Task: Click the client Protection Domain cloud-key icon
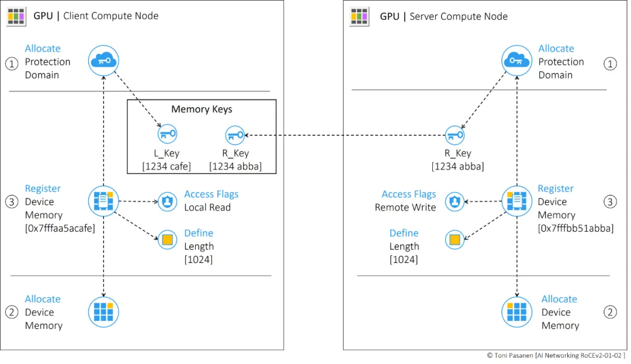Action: (103, 60)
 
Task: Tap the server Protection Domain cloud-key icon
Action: (516, 60)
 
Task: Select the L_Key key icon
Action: (167, 135)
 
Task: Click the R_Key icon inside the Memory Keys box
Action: (235, 135)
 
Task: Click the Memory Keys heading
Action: (202, 109)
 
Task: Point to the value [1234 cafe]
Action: (167, 166)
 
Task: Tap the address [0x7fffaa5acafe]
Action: (60, 228)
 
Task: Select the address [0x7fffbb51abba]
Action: (575, 228)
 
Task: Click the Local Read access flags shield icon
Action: (167, 202)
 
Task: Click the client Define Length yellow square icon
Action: (167, 239)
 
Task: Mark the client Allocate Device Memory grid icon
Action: (103, 311)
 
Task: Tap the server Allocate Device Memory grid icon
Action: (516, 311)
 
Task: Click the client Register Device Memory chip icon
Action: (103, 201)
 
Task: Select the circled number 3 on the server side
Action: (610, 202)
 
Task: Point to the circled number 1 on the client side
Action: (12, 64)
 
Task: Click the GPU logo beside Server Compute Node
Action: (359, 16)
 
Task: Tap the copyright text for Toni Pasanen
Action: (556, 355)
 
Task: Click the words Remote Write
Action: (405, 208)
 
